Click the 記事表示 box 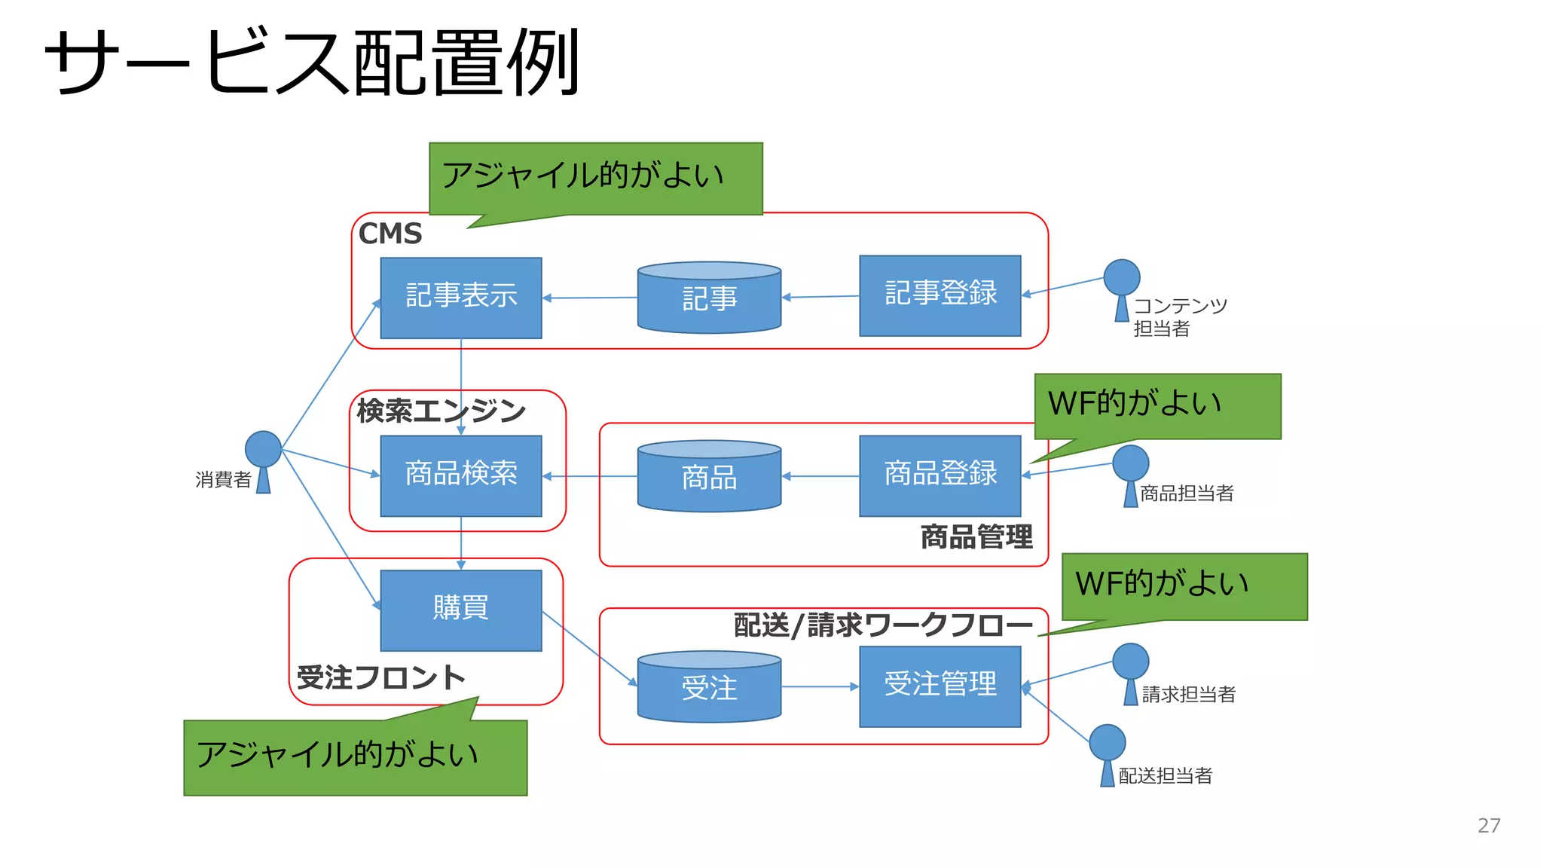click(460, 298)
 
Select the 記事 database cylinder click(709, 299)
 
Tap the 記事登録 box click(940, 295)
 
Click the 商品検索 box click(460, 475)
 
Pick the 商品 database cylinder click(709, 478)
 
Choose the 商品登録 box click(940, 475)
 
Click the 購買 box click(460, 610)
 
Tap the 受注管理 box click(940, 686)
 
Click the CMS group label click(390, 234)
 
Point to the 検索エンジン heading click(441, 411)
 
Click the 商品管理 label click(976, 537)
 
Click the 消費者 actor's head click(263, 449)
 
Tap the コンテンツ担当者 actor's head click(1121, 277)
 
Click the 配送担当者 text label click(1165, 776)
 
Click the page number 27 click(1488, 826)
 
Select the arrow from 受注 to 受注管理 click(820, 686)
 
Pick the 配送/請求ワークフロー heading click(883, 625)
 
